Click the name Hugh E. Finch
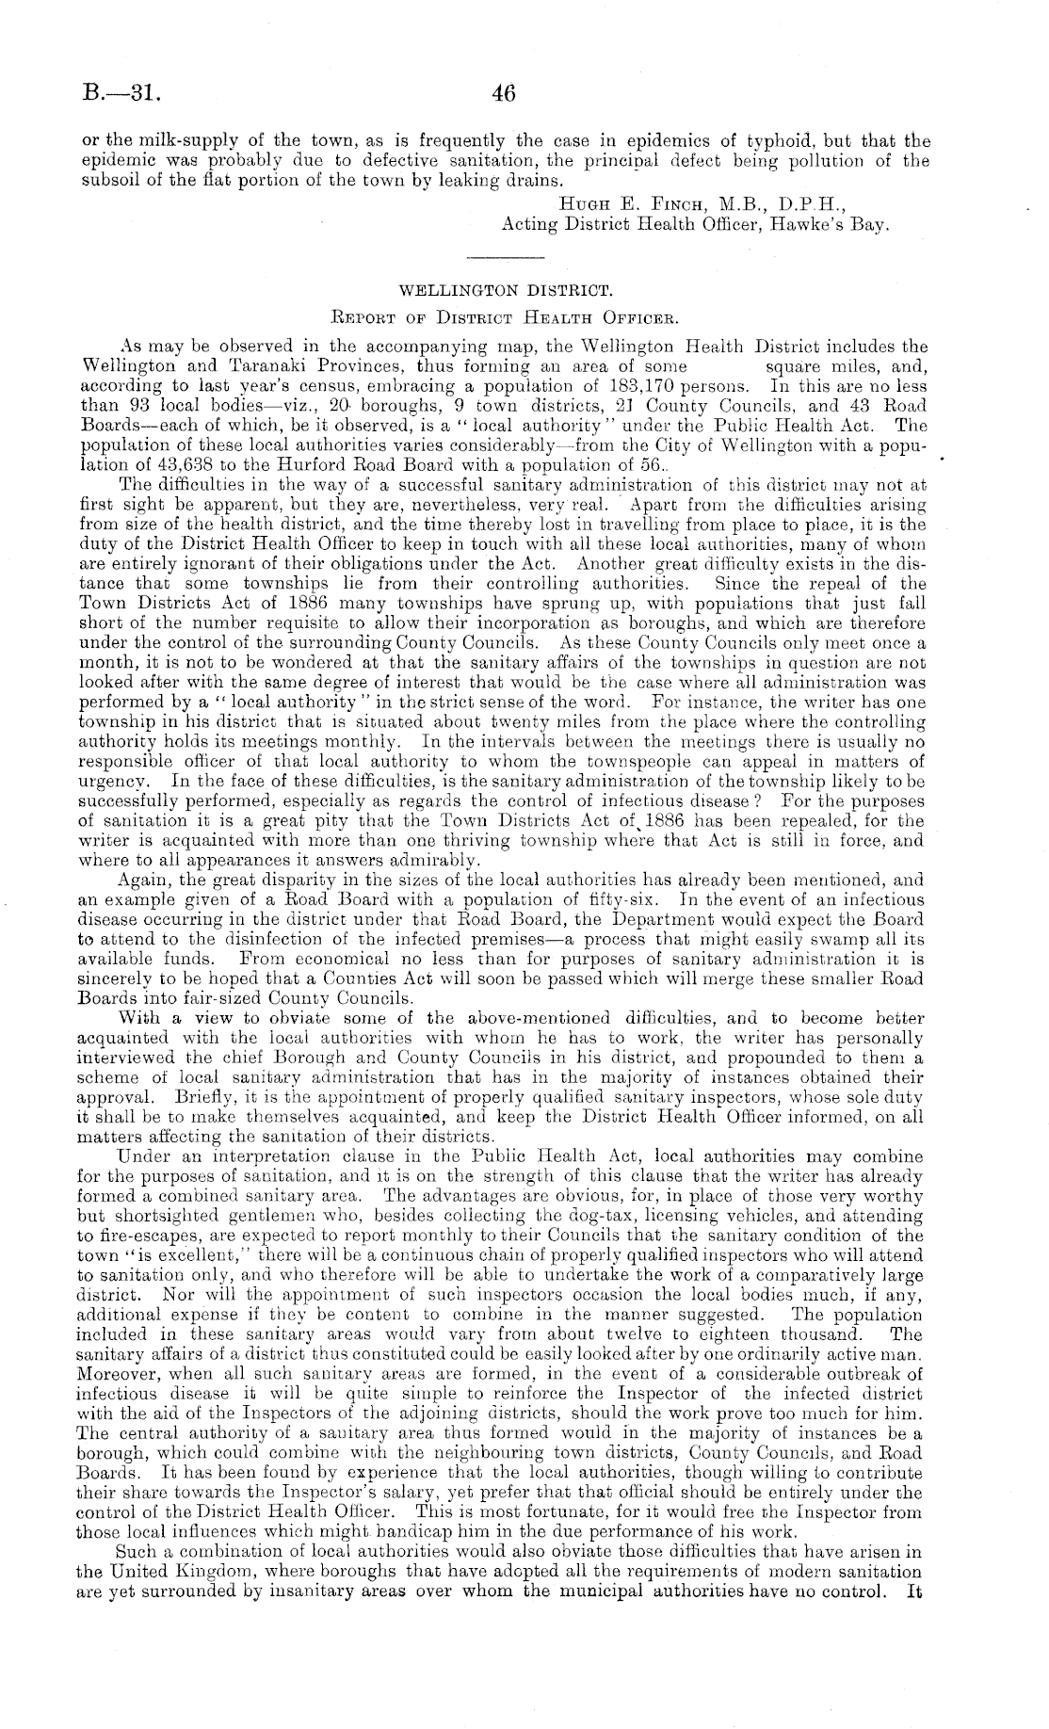[x=616, y=202]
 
